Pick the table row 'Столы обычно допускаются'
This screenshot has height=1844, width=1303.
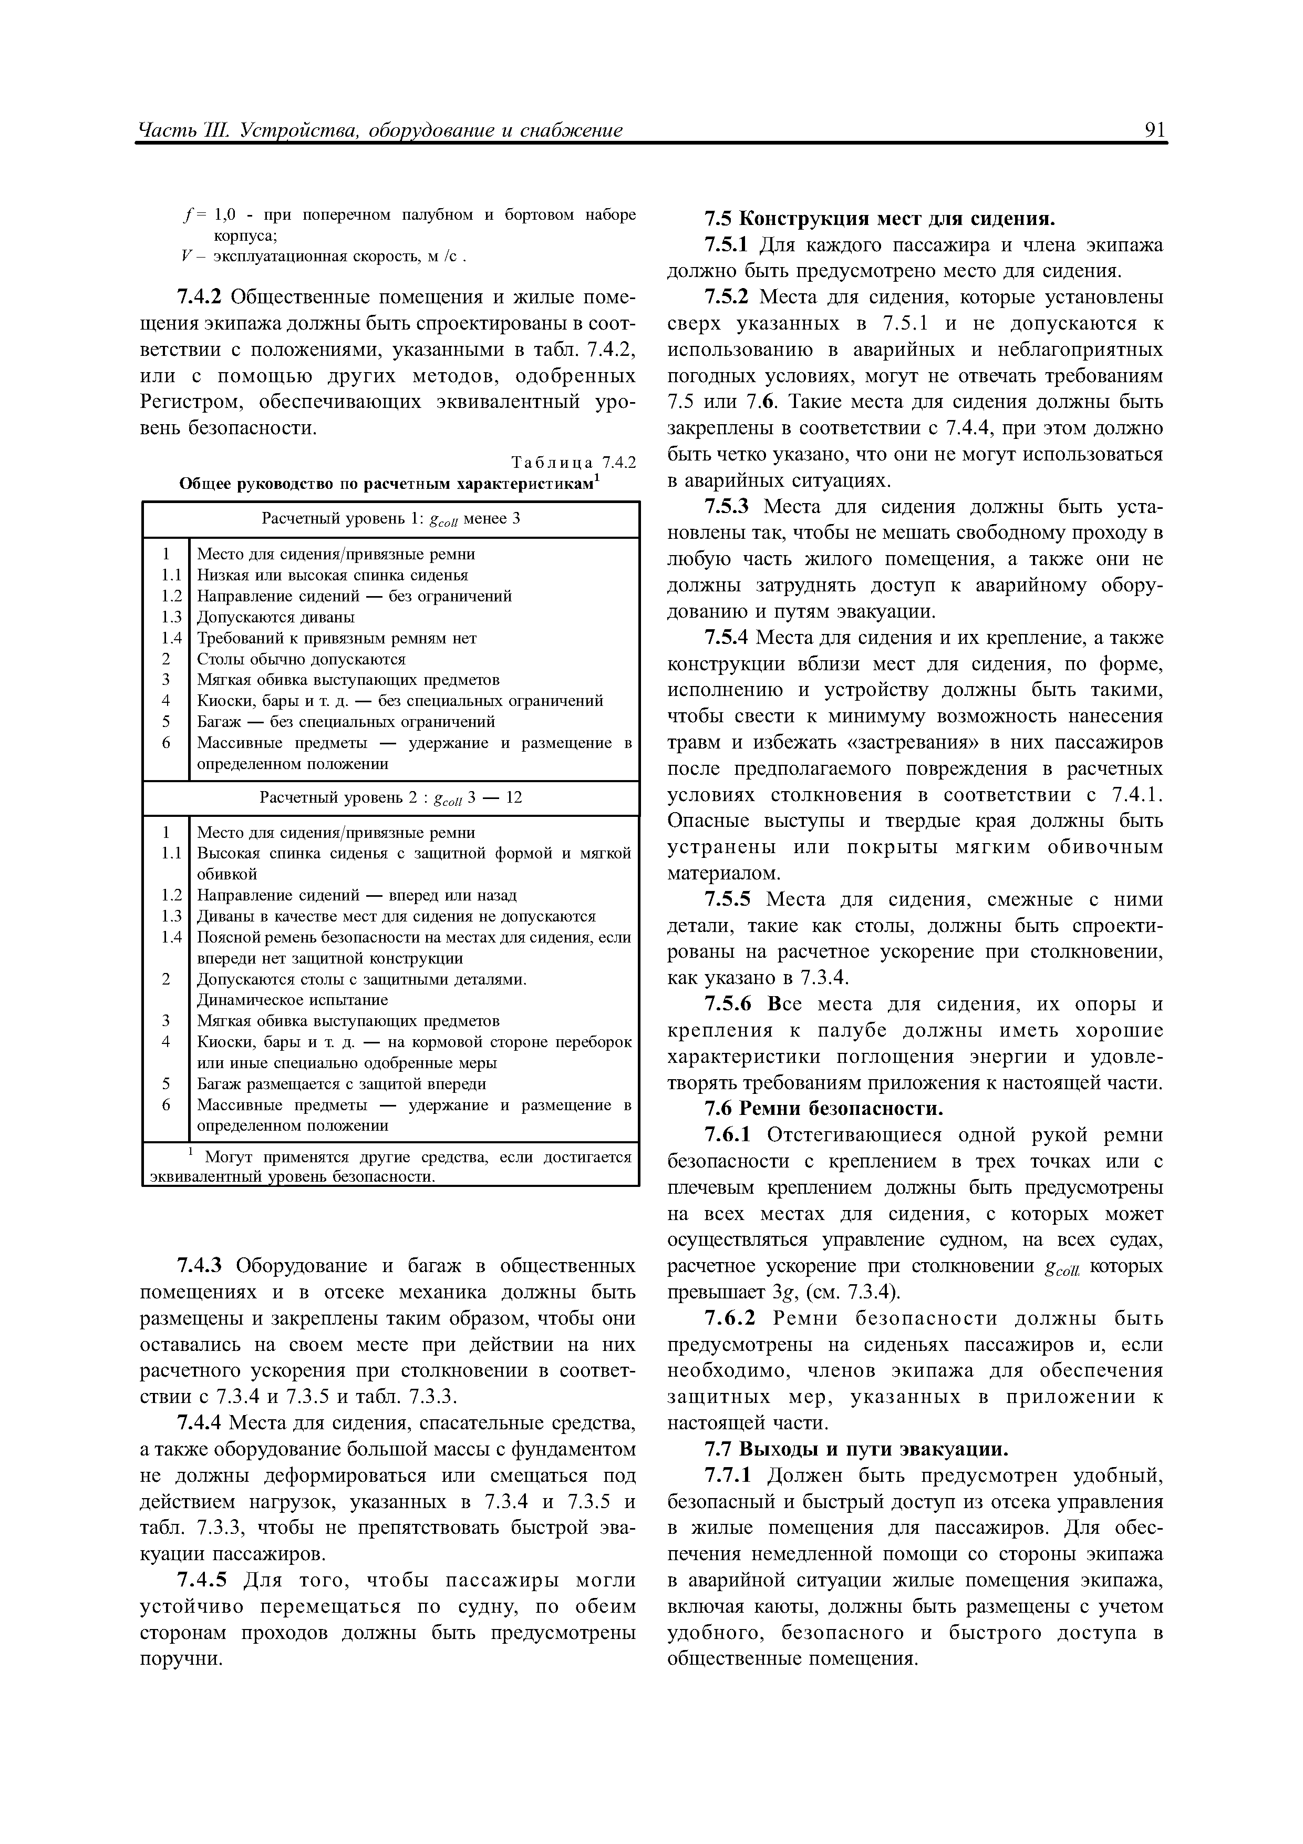click(301, 659)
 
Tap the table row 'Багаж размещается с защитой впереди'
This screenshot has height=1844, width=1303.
click(341, 1083)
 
